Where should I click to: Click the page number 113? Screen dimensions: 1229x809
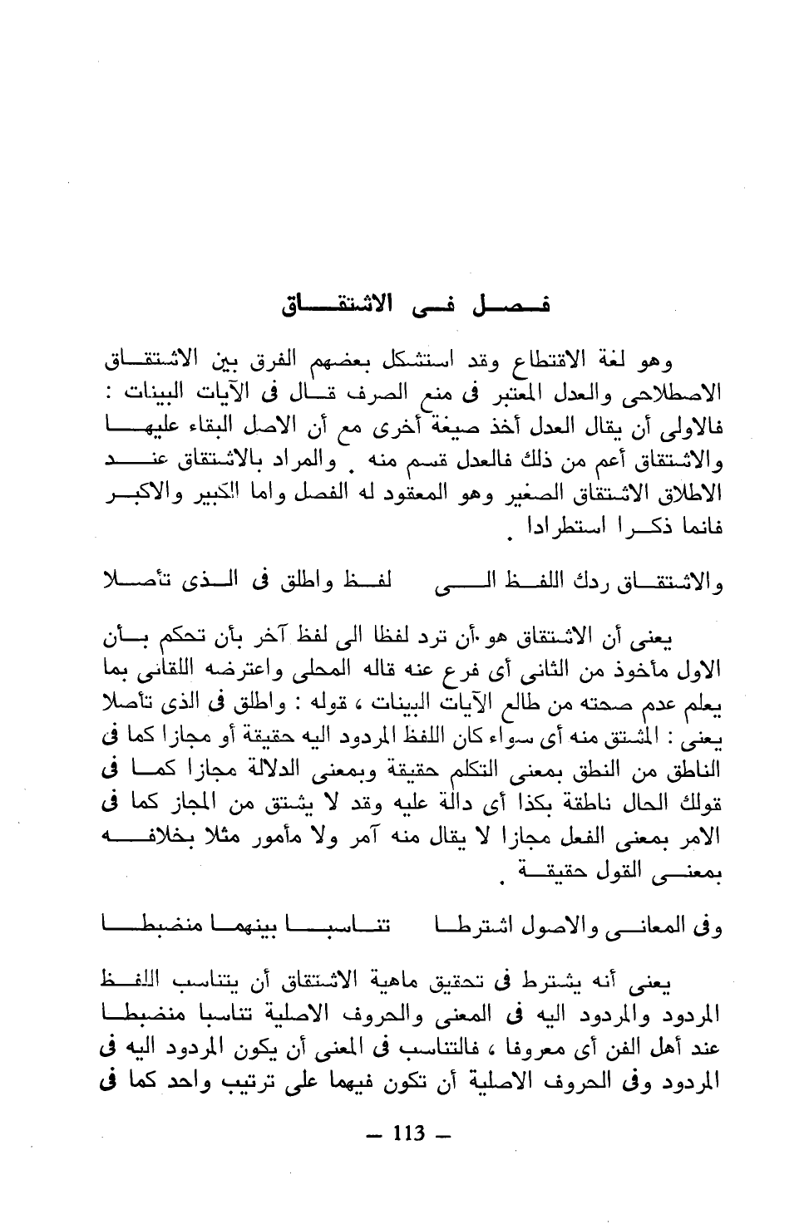(407, 1133)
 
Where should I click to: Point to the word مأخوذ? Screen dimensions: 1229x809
(640, 670)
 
